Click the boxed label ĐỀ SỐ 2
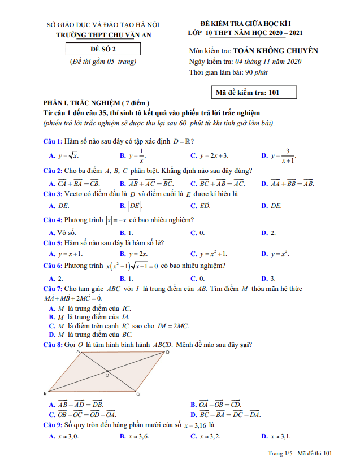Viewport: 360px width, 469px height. [x=102, y=49]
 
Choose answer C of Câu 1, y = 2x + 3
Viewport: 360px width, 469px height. [x=210, y=155]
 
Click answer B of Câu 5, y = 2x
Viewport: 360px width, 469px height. [x=134, y=254]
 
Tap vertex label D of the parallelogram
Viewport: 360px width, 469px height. [x=167, y=353]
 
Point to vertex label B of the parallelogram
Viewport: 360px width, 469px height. [x=45, y=393]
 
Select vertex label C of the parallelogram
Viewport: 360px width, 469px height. [x=137, y=394]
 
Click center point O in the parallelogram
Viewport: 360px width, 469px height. [x=107, y=374]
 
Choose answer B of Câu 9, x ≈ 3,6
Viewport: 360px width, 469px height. [x=134, y=436]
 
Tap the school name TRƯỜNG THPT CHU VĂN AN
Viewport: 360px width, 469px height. [x=104, y=35]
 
